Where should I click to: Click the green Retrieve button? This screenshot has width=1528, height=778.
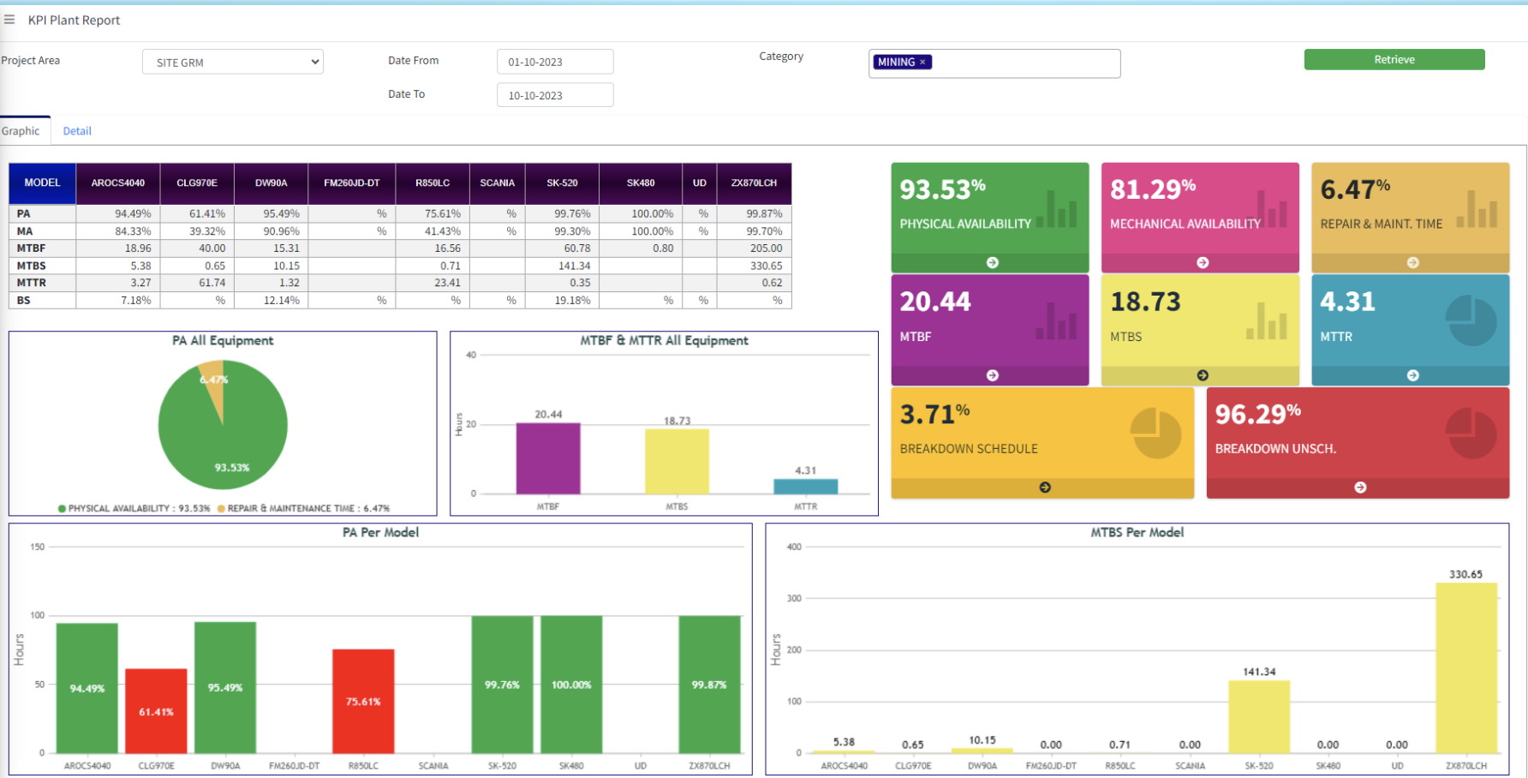click(1394, 59)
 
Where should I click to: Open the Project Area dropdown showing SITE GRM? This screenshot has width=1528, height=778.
click(232, 62)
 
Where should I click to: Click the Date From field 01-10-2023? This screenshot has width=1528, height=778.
click(555, 62)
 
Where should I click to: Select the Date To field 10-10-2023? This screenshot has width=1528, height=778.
click(555, 95)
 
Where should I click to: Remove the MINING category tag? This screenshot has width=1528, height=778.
click(922, 62)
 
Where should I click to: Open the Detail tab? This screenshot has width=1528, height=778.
click(77, 131)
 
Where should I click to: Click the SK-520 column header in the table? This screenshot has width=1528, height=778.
click(562, 183)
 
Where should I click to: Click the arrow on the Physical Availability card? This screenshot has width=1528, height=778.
click(992, 262)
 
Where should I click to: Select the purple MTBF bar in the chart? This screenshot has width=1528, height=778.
click(548, 458)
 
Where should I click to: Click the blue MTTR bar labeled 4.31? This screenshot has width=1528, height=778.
click(805, 486)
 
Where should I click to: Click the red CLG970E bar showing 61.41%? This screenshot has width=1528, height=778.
click(156, 711)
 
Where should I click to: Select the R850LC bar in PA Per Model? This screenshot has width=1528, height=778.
click(363, 701)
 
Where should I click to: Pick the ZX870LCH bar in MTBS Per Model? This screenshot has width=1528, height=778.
click(1466, 668)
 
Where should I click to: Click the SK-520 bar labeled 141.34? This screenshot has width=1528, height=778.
click(1259, 717)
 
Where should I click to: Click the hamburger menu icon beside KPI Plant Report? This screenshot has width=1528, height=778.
click(9, 19)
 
